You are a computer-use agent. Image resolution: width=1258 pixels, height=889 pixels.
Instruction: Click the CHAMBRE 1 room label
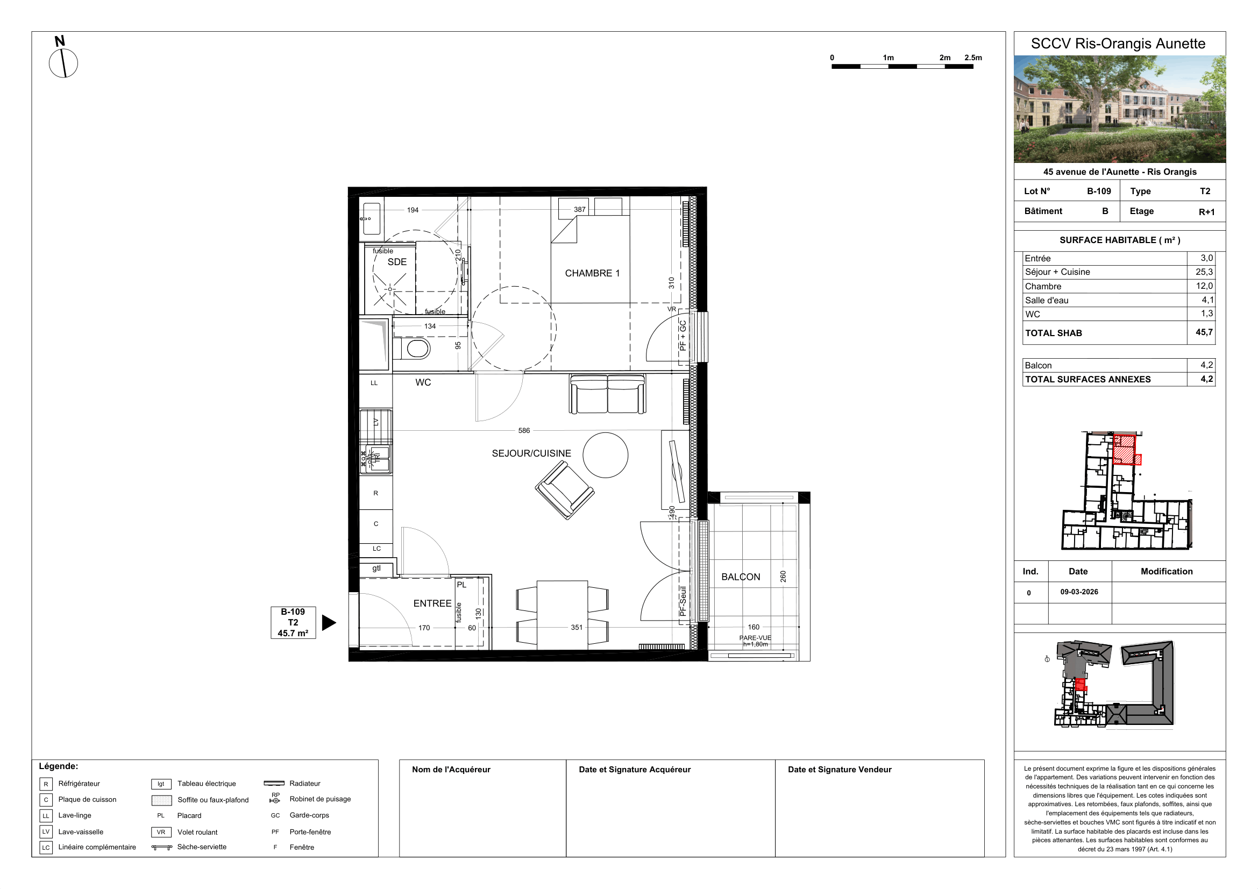[592, 273]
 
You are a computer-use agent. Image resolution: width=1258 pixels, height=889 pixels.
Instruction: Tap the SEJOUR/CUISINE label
[531, 453]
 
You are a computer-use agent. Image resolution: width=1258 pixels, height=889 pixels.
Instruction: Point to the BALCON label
[741, 577]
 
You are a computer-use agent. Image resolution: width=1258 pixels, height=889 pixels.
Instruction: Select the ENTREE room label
[432, 603]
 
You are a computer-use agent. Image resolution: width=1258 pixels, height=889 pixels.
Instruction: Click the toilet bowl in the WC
[418, 349]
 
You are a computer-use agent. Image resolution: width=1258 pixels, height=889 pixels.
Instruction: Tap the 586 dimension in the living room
[524, 431]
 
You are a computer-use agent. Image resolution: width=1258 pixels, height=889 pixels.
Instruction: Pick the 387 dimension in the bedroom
[580, 209]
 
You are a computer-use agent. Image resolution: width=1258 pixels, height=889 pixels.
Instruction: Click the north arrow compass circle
[63, 63]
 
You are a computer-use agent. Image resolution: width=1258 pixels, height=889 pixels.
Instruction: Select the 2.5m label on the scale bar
[973, 58]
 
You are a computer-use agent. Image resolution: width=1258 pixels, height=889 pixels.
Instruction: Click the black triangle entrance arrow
[329, 623]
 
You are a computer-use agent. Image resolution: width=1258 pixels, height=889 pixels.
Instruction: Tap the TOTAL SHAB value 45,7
[1204, 332]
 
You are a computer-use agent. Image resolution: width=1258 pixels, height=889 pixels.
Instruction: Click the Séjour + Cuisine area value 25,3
[1204, 272]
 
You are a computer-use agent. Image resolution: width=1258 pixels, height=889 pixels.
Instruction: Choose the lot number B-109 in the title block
[1099, 191]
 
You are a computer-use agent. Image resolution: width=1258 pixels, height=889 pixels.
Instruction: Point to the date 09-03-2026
[1079, 592]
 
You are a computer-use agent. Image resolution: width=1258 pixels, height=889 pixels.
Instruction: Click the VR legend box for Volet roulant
[161, 832]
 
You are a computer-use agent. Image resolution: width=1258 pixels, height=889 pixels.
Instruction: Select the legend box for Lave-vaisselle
[46, 831]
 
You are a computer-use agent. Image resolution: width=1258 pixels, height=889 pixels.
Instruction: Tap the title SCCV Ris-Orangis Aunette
[1118, 44]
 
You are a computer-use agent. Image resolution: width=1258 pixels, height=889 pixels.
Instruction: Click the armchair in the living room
[565, 490]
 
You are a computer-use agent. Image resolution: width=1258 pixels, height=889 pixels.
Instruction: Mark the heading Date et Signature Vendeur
[840, 770]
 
